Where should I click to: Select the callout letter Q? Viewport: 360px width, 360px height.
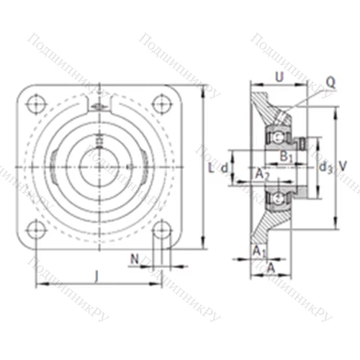tap(330, 82)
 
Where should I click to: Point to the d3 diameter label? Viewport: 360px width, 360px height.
tap(325, 167)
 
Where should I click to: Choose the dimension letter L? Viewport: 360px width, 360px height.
tap(210, 168)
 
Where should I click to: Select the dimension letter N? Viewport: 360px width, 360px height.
tap(135, 257)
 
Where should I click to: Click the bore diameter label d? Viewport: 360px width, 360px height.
tap(225, 168)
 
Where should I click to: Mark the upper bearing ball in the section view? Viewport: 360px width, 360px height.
tap(276, 135)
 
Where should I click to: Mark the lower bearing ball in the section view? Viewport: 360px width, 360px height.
tap(276, 197)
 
